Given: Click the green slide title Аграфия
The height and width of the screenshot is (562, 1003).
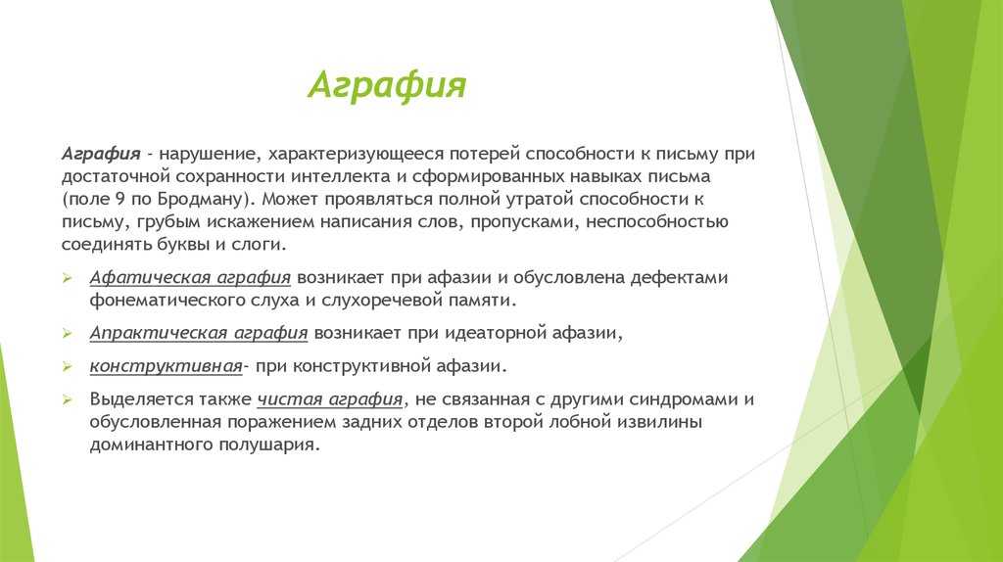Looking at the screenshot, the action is (x=387, y=85).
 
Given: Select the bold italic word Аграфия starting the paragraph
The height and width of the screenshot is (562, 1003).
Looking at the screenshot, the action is (x=101, y=155).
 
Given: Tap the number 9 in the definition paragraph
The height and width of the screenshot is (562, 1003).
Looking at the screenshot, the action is (x=120, y=199).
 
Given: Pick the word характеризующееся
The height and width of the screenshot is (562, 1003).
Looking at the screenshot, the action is (x=356, y=155).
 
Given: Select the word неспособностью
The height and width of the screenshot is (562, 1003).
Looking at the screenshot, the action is (x=657, y=222).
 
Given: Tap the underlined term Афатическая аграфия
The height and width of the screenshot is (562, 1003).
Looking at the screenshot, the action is (x=190, y=278).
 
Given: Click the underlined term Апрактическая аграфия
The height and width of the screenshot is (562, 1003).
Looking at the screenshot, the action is (x=198, y=334).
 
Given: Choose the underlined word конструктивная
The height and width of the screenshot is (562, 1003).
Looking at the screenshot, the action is (x=166, y=366).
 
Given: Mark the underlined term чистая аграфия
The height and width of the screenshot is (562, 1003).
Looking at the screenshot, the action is (x=330, y=399).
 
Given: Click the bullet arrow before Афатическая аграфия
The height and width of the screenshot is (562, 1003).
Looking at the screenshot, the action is (x=68, y=277).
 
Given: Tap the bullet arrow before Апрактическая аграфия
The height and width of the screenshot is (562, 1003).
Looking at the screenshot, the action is (x=68, y=333).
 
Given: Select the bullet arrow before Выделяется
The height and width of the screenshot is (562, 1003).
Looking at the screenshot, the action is (x=68, y=399).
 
